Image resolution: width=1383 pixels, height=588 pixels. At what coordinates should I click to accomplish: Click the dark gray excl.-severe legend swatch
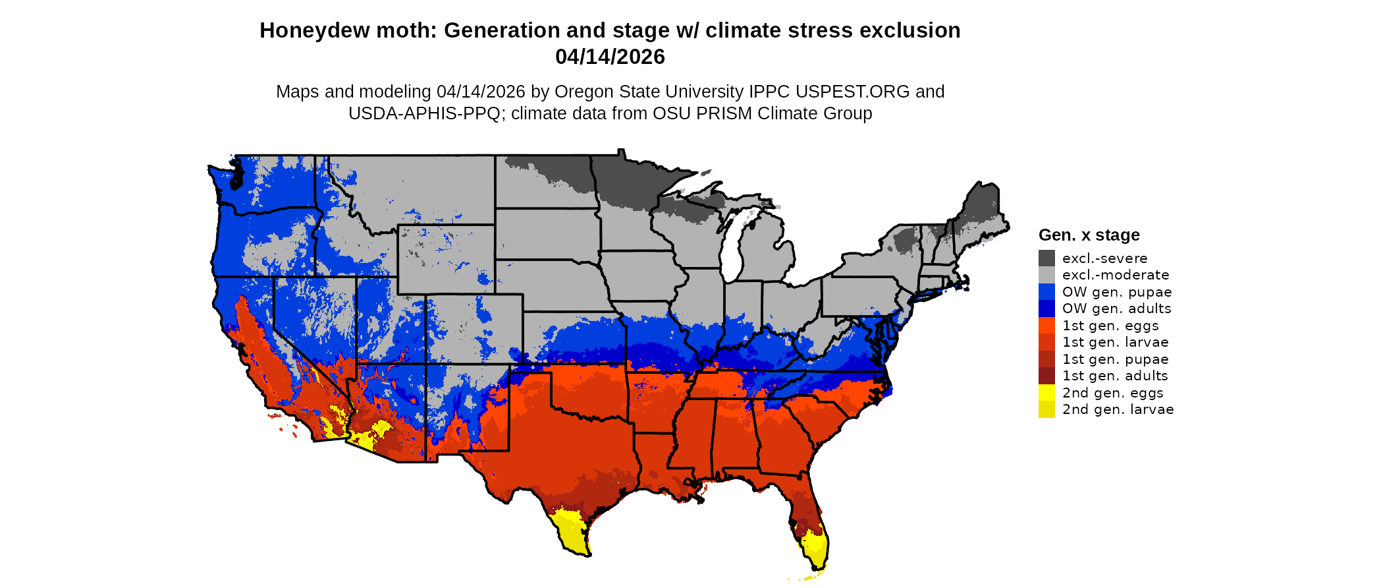click(1046, 258)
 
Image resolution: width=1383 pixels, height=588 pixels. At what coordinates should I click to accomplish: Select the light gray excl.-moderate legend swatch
click(1046, 275)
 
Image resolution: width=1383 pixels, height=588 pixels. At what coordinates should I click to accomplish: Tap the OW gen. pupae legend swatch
click(1046, 291)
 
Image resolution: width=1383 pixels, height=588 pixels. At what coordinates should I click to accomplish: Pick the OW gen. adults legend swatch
click(1046, 309)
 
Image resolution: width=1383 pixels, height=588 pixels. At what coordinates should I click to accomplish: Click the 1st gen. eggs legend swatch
click(1046, 325)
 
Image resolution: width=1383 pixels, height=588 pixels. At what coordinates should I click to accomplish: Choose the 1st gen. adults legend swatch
click(1046, 376)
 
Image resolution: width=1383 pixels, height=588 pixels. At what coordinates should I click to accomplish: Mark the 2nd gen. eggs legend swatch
click(1046, 392)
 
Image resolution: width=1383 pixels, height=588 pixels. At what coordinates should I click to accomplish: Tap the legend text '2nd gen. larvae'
click(1118, 409)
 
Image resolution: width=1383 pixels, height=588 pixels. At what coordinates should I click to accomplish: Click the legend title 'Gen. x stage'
click(1089, 235)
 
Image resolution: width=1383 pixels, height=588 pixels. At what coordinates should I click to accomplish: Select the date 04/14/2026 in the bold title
click(610, 57)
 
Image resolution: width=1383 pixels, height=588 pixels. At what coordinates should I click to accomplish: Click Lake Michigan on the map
click(732, 247)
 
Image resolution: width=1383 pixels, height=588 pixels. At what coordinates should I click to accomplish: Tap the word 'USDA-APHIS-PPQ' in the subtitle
click(424, 113)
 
